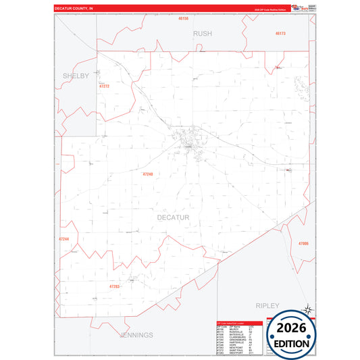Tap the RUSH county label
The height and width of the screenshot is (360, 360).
(x=202, y=33)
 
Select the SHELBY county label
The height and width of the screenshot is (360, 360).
(x=76, y=76)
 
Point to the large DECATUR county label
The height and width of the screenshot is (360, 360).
(x=173, y=217)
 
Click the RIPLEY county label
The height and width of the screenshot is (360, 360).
(x=267, y=305)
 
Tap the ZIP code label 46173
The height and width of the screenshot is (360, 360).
(x=280, y=33)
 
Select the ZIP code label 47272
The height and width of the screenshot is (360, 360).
(x=104, y=86)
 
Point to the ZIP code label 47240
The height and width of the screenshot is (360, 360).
(x=148, y=174)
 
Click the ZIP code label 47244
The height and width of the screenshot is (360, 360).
(x=63, y=239)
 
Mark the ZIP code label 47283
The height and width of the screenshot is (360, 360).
(x=114, y=286)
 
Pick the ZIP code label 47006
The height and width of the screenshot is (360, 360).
(x=303, y=243)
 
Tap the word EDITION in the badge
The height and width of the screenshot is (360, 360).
(x=292, y=343)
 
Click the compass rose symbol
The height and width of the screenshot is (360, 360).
(x=308, y=309)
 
